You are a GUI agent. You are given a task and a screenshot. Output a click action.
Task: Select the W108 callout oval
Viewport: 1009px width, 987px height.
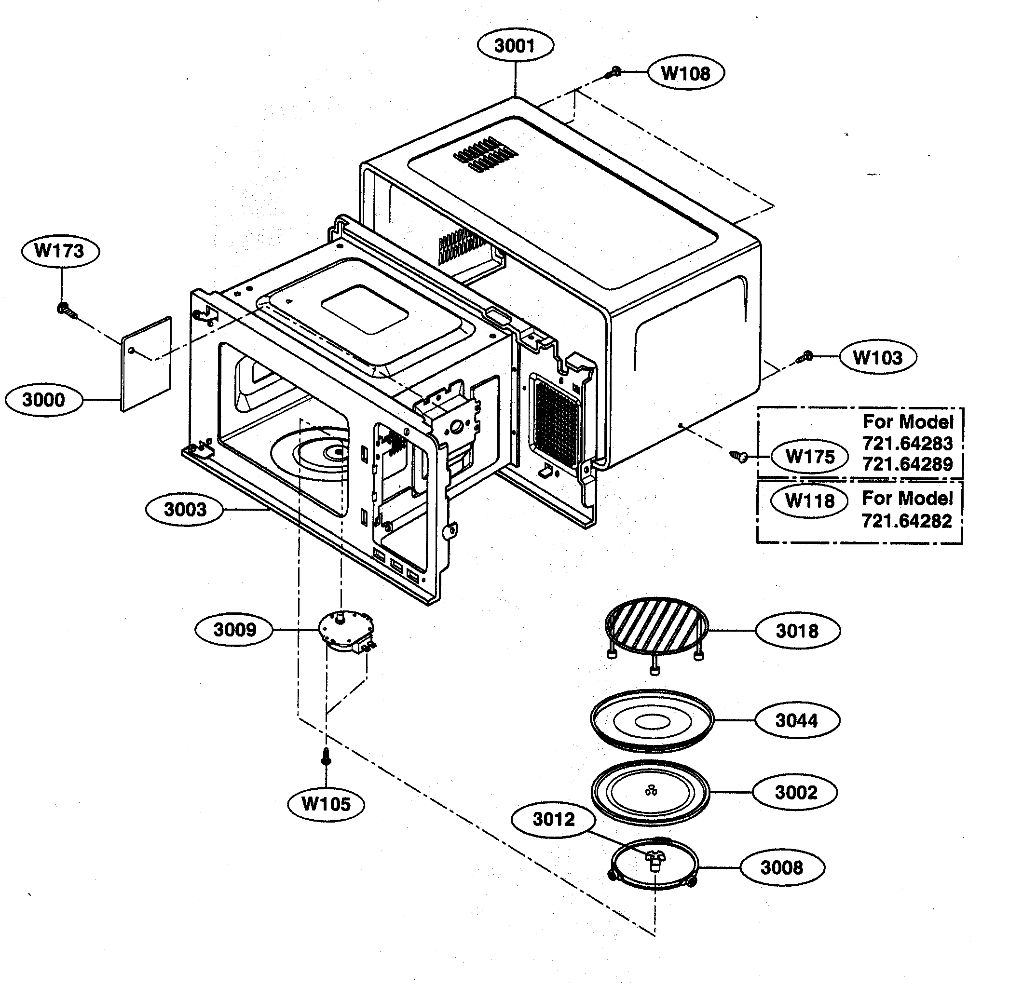(x=685, y=73)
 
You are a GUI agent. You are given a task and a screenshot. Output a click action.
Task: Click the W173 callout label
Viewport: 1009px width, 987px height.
(x=60, y=251)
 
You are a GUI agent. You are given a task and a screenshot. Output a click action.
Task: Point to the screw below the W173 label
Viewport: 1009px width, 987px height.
(x=65, y=310)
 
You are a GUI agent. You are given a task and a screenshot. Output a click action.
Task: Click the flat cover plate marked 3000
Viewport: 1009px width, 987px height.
(x=146, y=364)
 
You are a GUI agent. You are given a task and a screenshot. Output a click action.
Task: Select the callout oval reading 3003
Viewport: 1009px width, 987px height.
(x=185, y=510)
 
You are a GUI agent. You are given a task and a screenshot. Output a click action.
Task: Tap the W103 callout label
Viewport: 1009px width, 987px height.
(x=877, y=357)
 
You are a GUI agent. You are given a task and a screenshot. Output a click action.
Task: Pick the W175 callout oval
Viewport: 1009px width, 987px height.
(x=809, y=457)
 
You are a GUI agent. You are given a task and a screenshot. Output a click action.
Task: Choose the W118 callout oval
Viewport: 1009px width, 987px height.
(x=809, y=501)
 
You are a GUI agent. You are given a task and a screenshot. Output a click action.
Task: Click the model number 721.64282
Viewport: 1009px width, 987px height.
(x=906, y=520)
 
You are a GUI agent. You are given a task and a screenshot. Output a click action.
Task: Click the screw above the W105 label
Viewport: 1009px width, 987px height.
(x=326, y=757)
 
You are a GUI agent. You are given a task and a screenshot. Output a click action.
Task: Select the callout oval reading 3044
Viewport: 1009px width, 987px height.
(x=796, y=720)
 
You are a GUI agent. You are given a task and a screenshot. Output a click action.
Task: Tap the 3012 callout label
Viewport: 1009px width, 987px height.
(x=553, y=820)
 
